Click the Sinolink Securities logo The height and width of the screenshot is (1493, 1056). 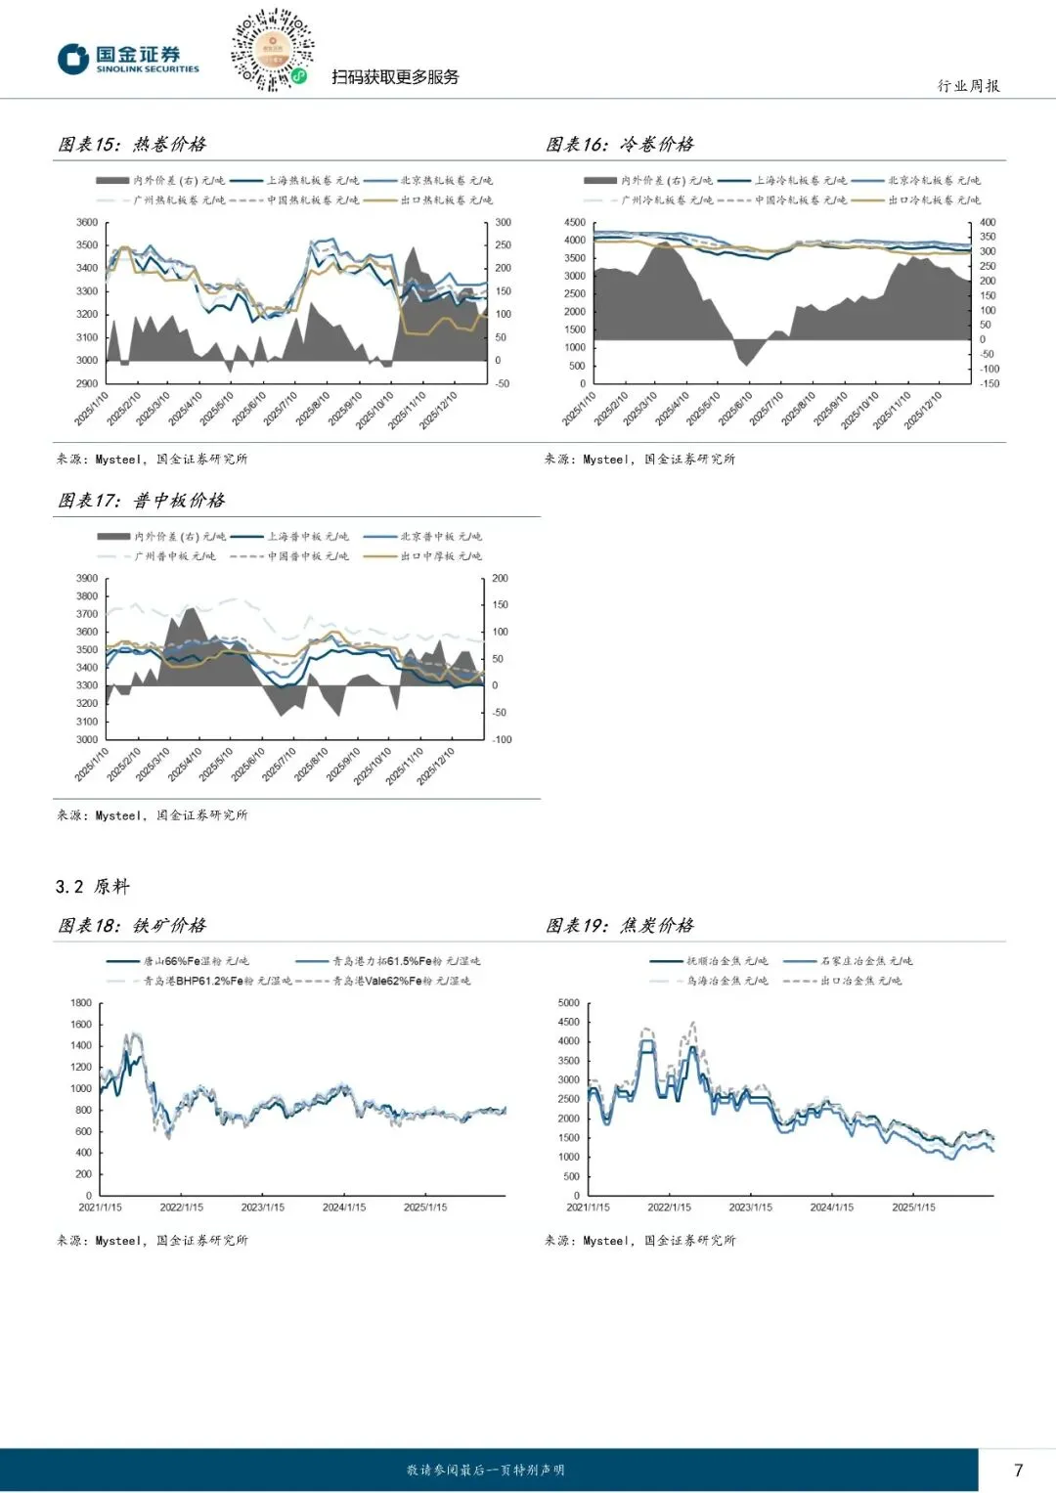128,59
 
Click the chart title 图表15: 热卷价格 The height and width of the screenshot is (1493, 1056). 132,145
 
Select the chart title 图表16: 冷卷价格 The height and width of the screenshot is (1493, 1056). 620,145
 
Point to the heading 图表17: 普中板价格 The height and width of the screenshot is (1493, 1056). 141,501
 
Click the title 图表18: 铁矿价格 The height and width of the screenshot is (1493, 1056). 132,925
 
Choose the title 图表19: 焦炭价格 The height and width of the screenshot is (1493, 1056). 620,925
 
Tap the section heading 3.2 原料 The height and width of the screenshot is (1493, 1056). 92,887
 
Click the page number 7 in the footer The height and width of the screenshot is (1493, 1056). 1019,1470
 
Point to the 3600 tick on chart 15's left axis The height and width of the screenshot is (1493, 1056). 87,223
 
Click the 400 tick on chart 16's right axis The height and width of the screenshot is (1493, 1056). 988,223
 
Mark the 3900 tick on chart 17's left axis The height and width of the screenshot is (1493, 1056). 87,579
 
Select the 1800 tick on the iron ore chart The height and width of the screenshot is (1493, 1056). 81,1003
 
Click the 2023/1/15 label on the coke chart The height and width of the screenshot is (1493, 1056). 750,1208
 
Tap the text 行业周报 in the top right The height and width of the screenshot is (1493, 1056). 968,86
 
